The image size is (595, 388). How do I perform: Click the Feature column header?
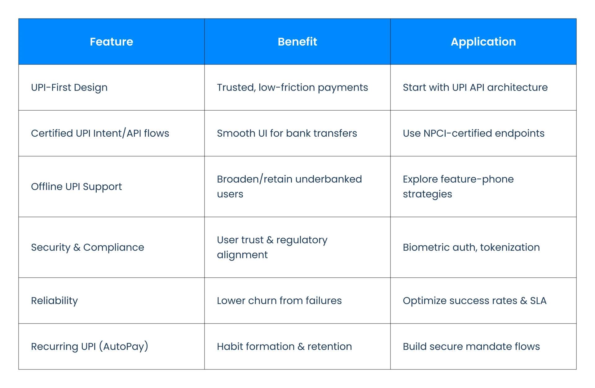coord(112,42)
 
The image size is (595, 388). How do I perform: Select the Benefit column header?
coord(297,42)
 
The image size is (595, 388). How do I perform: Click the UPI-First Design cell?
coord(69,88)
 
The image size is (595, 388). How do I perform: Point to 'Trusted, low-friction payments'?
coord(293,88)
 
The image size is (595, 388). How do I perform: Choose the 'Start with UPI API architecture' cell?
coord(475,87)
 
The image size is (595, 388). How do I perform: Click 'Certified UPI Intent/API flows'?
coord(100,133)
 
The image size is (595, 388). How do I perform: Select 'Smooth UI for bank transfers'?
coord(287,133)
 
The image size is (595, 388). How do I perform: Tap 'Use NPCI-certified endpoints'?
coord(474,133)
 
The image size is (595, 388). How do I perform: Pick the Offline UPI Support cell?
coord(77,187)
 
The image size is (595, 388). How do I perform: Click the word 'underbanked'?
coord(328,179)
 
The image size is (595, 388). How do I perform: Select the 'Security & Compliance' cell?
coord(88,248)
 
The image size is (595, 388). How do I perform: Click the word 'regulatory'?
coord(302,240)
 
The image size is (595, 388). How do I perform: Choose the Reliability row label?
coord(55,301)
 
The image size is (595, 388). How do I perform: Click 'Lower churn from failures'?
coord(279,301)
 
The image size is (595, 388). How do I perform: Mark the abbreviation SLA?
coord(538,301)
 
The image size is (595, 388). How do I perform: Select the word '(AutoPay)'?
coord(124,346)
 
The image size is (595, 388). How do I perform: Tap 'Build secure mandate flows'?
coord(471,346)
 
